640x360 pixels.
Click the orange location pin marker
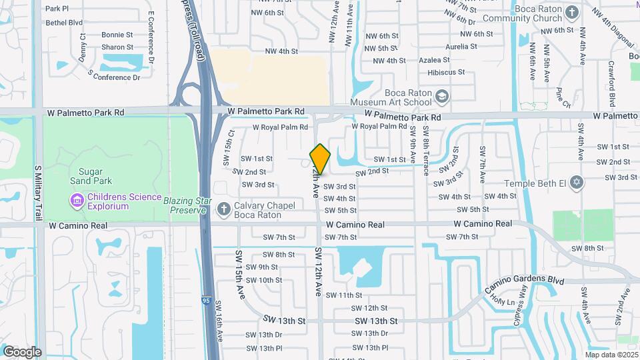(x=320, y=159)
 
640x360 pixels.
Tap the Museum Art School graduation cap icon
(x=441, y=98)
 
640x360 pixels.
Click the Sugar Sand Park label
(x=91, y=175)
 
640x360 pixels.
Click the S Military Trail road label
(x=38, y=193)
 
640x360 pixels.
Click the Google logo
(x=22, y=351)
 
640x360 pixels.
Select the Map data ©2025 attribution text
(x=611, y=355)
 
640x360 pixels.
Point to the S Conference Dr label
(x=114, y=77)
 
